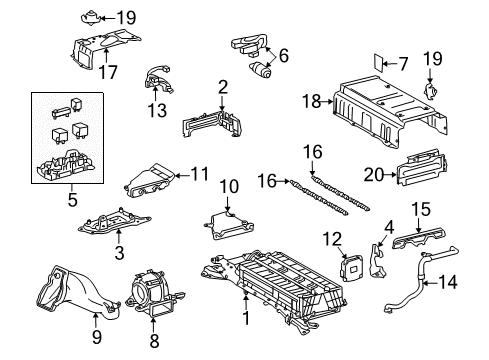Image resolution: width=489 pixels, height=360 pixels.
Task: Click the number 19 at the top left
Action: click(x=126, y=17)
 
